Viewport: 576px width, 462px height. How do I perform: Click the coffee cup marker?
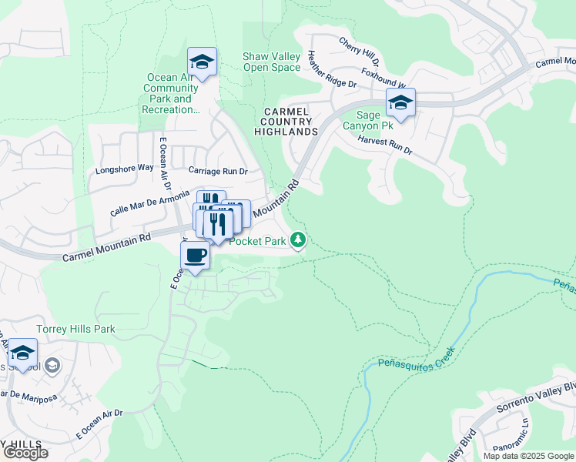tap(195, 256)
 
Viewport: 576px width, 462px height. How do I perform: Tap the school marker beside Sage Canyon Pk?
tap(400, 102)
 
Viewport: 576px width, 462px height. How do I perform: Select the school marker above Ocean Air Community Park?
tap(202, 62)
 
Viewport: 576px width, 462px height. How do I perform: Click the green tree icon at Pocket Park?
tap(298, 241)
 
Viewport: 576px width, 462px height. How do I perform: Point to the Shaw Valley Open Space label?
tap(271, 62)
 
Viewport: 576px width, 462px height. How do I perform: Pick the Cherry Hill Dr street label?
tap(360, 50)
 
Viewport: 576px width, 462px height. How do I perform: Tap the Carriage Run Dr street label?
tap(219, 171)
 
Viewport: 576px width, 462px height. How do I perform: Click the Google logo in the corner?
tap(25, 453)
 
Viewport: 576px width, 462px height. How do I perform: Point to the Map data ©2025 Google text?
tap(528, 456)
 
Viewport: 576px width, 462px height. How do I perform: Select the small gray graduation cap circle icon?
tap(52, 365)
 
